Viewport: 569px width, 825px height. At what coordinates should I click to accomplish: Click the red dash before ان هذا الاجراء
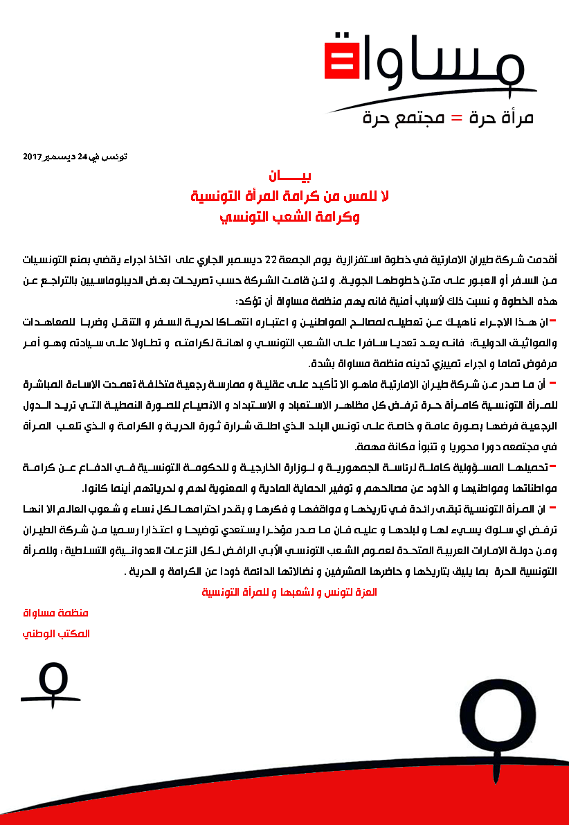[552, 321]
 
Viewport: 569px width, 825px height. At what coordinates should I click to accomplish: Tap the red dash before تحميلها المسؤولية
[552, 465]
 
